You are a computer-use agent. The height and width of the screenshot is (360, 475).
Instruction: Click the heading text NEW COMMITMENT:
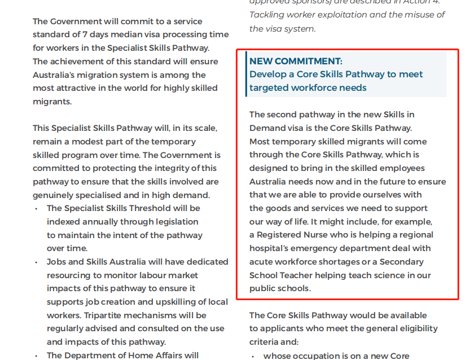click(296, 61)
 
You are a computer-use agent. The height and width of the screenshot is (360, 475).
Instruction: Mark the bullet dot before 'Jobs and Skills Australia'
click(36, 262)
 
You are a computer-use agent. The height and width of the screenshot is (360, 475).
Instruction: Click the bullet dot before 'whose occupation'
click(253, 356)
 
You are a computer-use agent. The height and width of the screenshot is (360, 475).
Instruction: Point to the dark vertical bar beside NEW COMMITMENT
click(247, 74)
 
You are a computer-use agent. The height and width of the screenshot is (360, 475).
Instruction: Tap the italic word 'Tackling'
click(268, 15)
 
